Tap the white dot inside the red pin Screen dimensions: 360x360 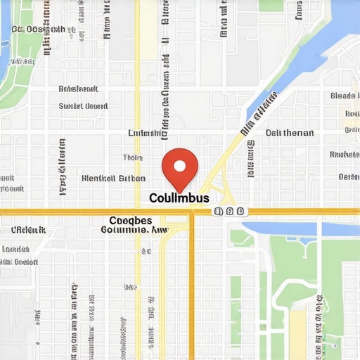[180, 166]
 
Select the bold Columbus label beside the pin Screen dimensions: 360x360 [179, 198]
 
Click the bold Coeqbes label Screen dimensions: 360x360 [130, 219]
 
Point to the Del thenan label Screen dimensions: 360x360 [290, 132]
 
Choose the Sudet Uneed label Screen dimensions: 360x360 [83, 106]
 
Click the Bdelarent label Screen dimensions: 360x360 [78, 89]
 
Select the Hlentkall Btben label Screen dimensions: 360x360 [114, 179]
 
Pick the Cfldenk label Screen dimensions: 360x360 [28, 229]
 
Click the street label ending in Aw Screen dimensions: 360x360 [135, 229]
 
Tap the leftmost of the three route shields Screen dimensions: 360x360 [219, 211]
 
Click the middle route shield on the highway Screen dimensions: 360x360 [229, 211]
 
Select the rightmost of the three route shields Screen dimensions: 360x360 [240, 211]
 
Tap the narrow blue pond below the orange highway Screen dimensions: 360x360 [281, 231]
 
